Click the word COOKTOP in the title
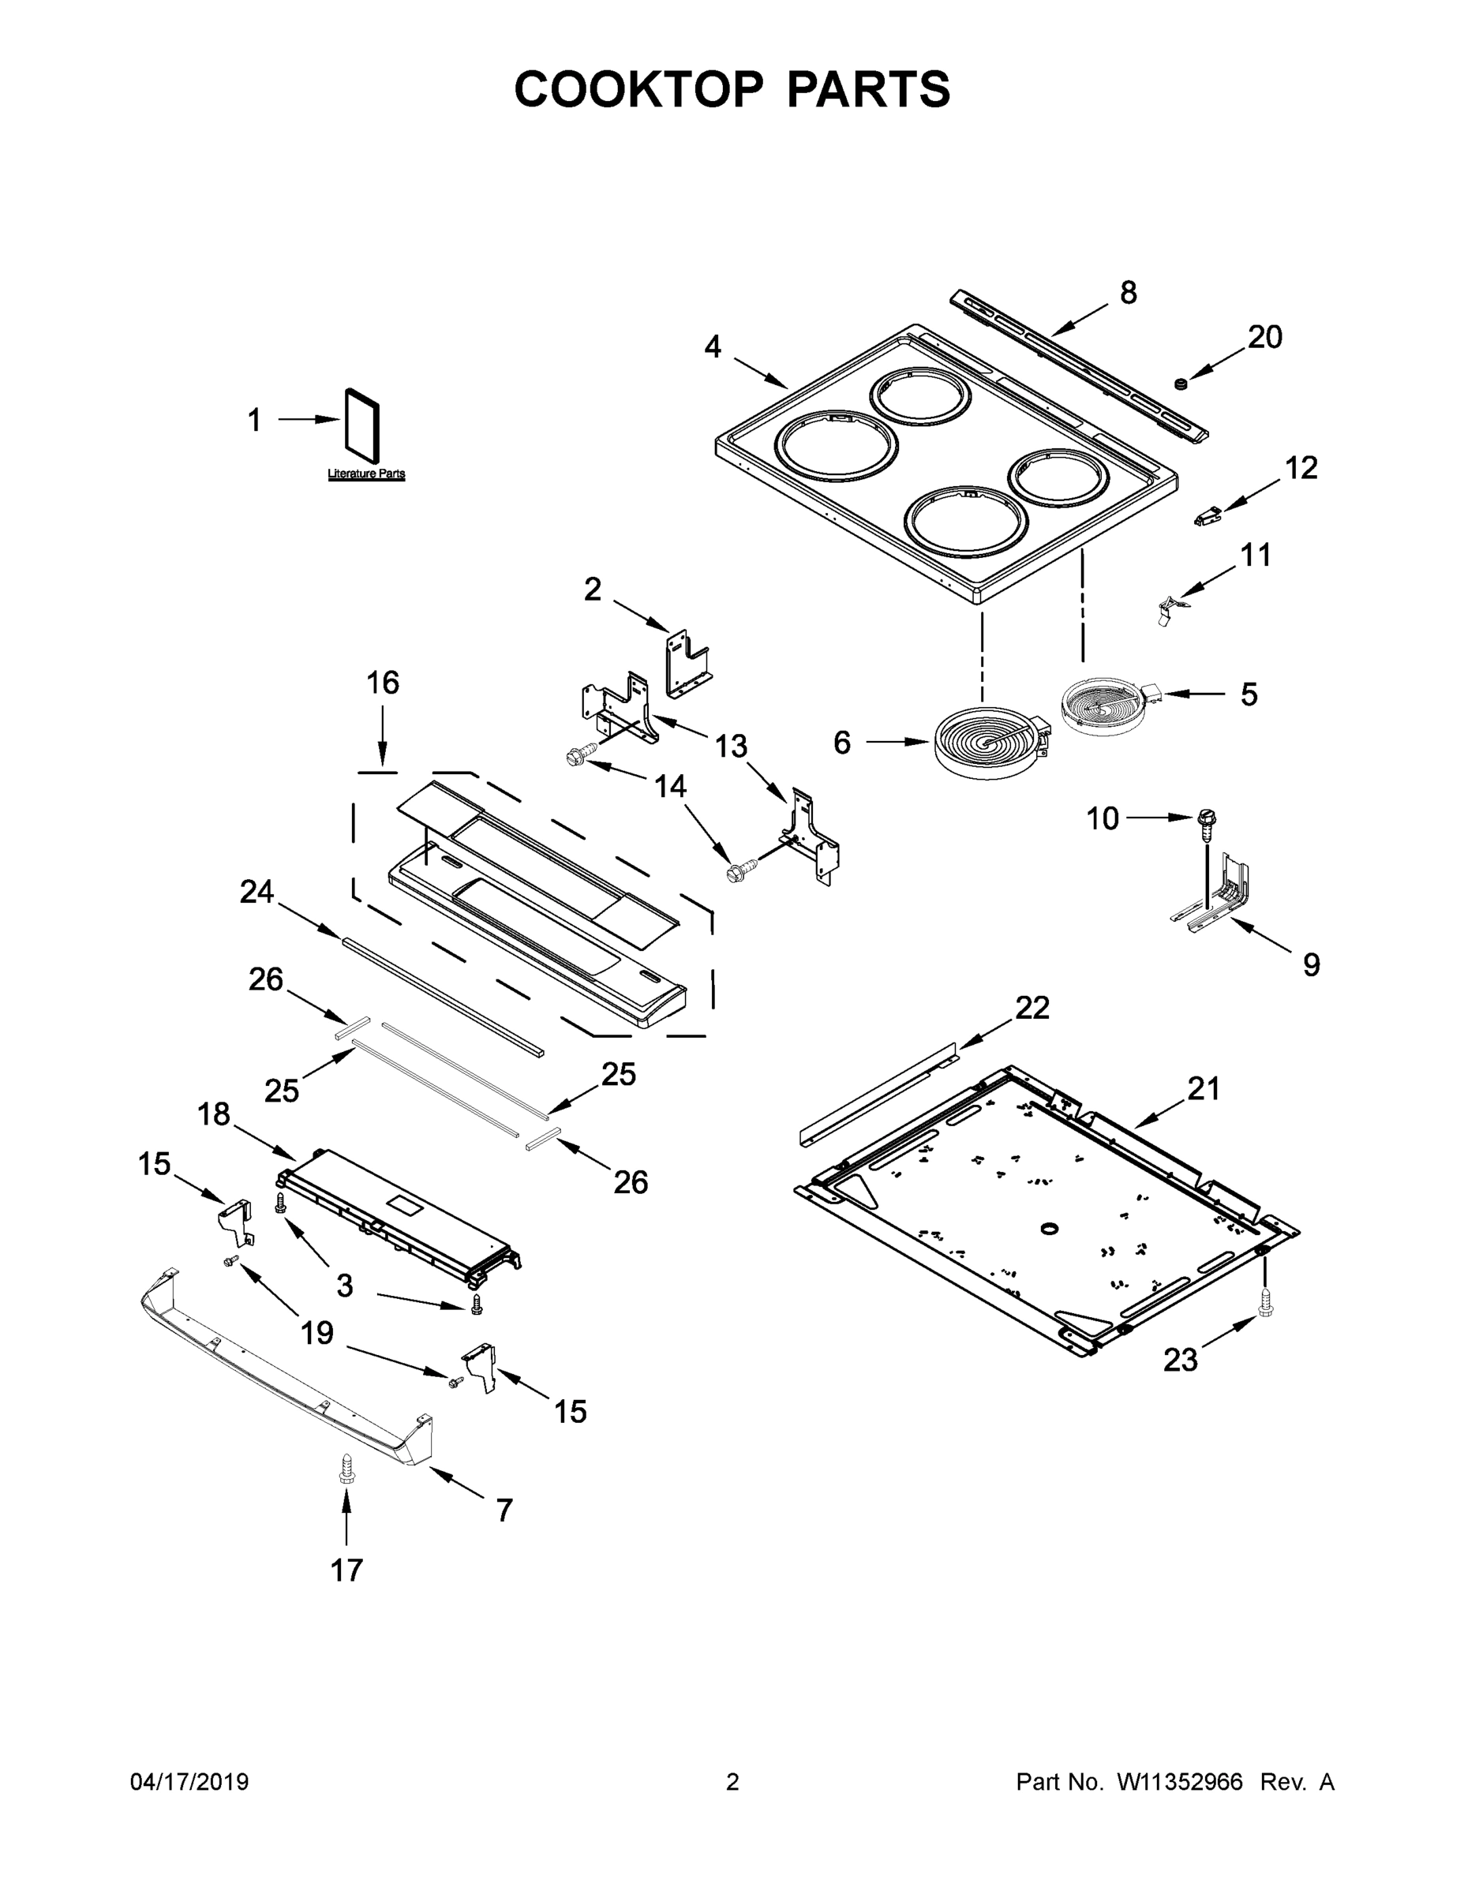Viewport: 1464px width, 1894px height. (x=639, y=89)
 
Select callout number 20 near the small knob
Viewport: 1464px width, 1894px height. (x=1264, y=336)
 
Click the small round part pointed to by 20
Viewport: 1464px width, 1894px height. (x=1180, y=383)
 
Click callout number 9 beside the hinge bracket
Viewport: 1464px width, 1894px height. (x=1310, y=964)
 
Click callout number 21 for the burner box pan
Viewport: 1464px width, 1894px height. (x=1204, y=1088)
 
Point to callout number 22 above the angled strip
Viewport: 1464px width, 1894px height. (x=1032, y=1008)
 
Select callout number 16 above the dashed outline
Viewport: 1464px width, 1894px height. (x=383, y=683)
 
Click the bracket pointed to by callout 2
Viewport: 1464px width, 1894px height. (x=686, y=663)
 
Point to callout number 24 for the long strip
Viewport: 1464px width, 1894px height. (x=256, y=892)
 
